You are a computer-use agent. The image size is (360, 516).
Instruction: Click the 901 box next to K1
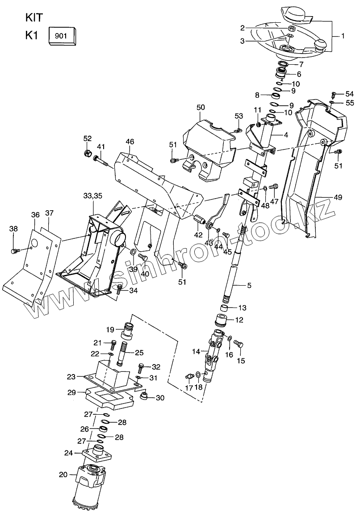pyautogui.click(x=62, y=35)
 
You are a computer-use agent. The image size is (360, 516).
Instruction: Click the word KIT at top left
pyautogui.click(x=34, y=17)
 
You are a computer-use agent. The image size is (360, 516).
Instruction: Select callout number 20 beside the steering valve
pyautogui.click(x=63, y=474)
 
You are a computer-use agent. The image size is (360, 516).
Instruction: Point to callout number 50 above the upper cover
pyautogui.click(x=201, y=108)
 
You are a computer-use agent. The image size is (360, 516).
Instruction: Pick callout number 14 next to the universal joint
pyautogui.click(x=197, y=352)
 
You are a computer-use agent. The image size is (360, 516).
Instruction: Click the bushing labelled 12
pyautogui.click(x=222, y=321)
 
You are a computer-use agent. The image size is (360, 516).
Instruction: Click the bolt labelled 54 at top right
pyautogui.click(x=333, y=94)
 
